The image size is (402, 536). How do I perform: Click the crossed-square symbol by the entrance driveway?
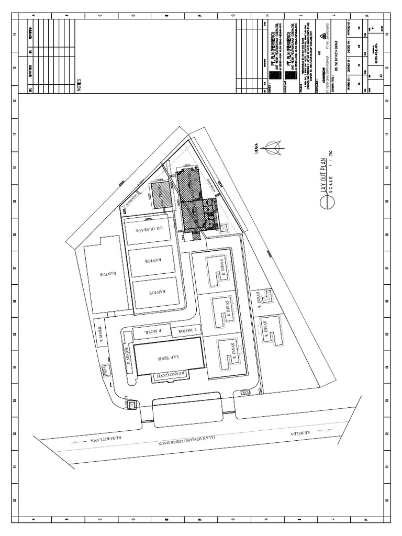coord(131,405)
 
